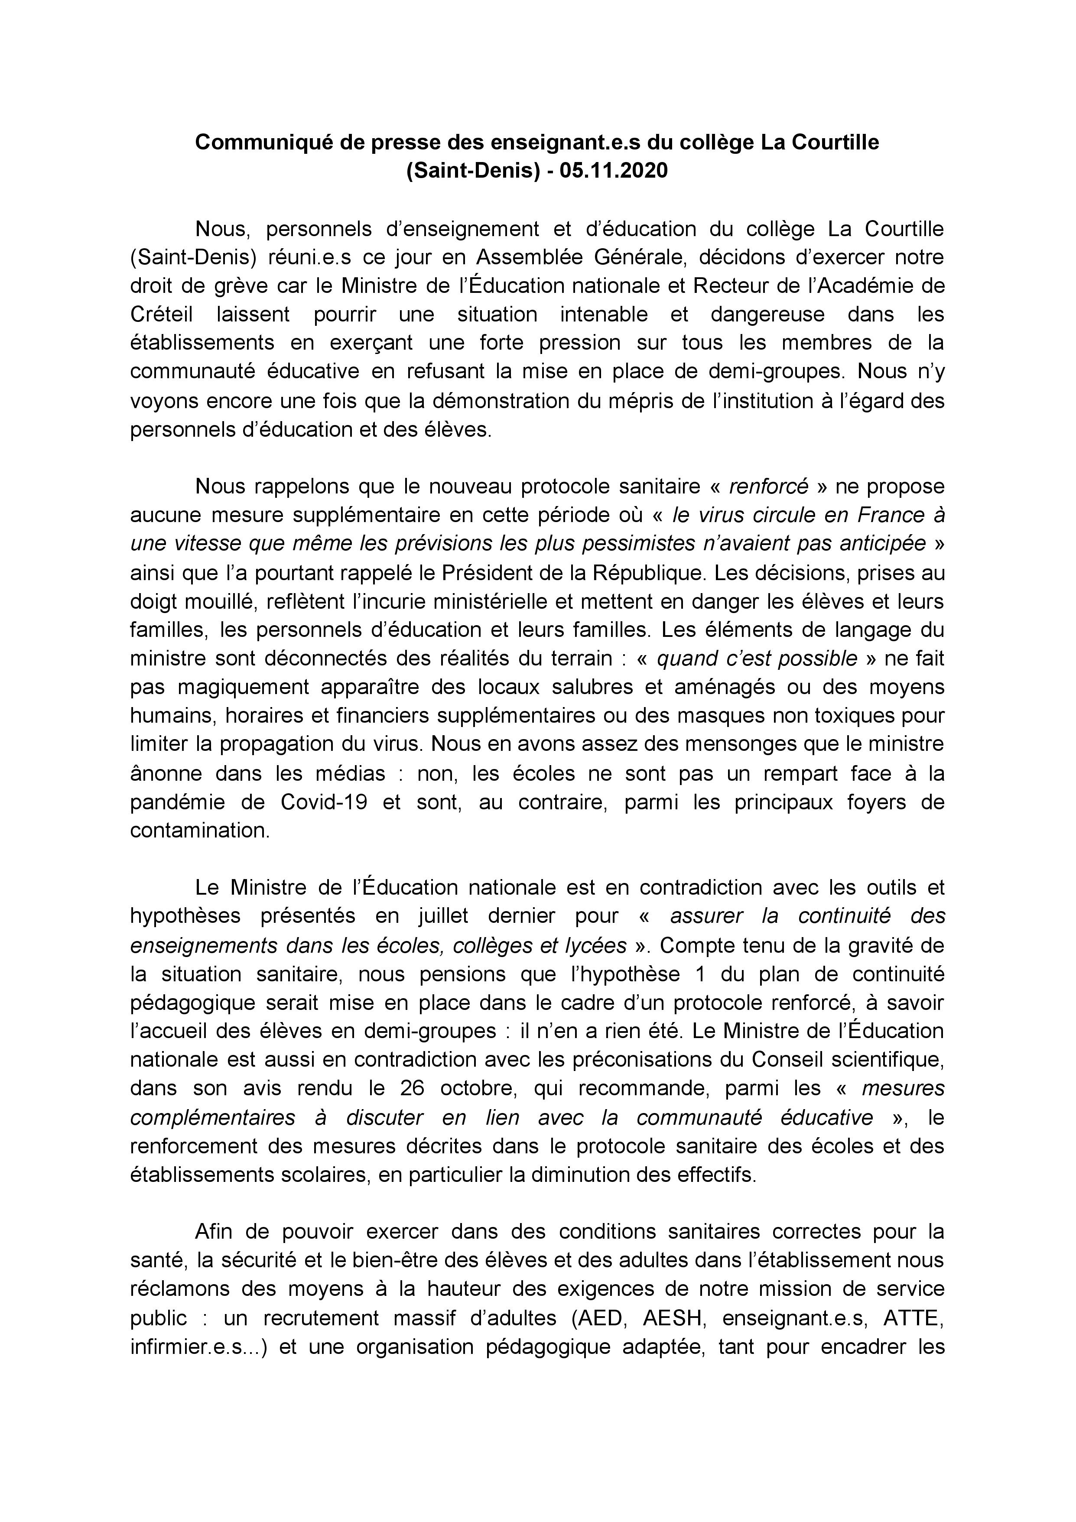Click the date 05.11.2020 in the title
[613, 171]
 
